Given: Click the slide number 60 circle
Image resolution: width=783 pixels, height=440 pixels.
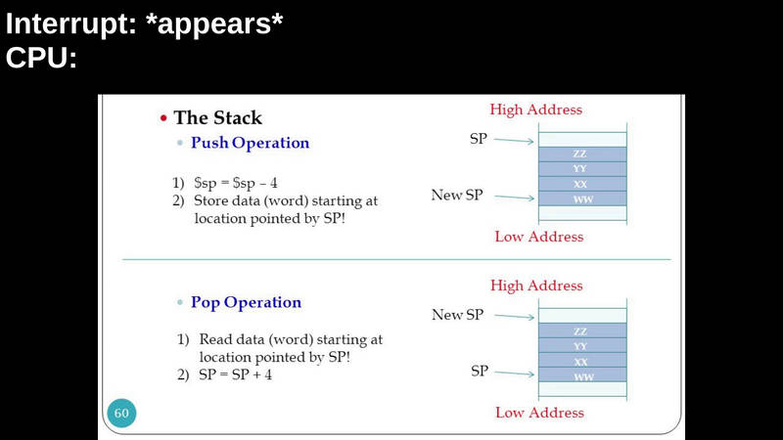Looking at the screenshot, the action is (x=121, y=413).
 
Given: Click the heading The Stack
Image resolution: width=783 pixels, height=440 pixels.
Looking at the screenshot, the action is (x=217, y=117).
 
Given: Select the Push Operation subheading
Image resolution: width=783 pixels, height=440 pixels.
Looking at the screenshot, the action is (x=251, y=143).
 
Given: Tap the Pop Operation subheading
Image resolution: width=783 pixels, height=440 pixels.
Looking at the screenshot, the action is (x=247, y=303).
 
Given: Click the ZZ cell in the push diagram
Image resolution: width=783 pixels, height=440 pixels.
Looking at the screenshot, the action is (x=582, y=154).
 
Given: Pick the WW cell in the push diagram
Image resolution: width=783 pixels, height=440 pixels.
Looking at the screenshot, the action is (x=582, y=198).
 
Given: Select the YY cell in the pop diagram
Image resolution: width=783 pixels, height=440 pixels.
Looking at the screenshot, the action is (x=582, y=346).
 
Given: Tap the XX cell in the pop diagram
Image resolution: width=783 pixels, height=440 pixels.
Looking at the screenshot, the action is (x=582, y=360).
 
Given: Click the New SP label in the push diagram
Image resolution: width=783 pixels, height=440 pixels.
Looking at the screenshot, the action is (x=457, y=195).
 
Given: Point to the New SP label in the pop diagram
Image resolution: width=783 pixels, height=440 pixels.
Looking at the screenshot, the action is (x=457, y=314).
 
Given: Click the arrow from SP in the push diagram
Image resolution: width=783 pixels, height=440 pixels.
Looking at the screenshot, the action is (x=514, y=141).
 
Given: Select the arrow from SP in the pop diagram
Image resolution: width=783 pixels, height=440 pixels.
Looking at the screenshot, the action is (x=515, y=373).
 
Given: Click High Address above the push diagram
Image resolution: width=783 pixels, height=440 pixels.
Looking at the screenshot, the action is (x=535, y=110).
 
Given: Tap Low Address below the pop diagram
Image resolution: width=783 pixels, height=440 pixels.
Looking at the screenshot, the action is (x=540, y=413).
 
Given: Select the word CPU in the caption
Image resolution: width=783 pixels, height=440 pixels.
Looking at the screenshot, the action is (x=41, y=58).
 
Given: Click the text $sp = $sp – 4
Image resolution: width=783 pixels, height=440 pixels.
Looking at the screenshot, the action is (x=236, y=183).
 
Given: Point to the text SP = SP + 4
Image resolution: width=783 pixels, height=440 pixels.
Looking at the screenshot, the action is (x=235, y=374).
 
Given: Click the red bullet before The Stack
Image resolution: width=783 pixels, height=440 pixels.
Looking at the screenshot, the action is (x=163, y=118).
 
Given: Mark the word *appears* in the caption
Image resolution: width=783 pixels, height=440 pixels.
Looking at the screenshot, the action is (x=214, y=23).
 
